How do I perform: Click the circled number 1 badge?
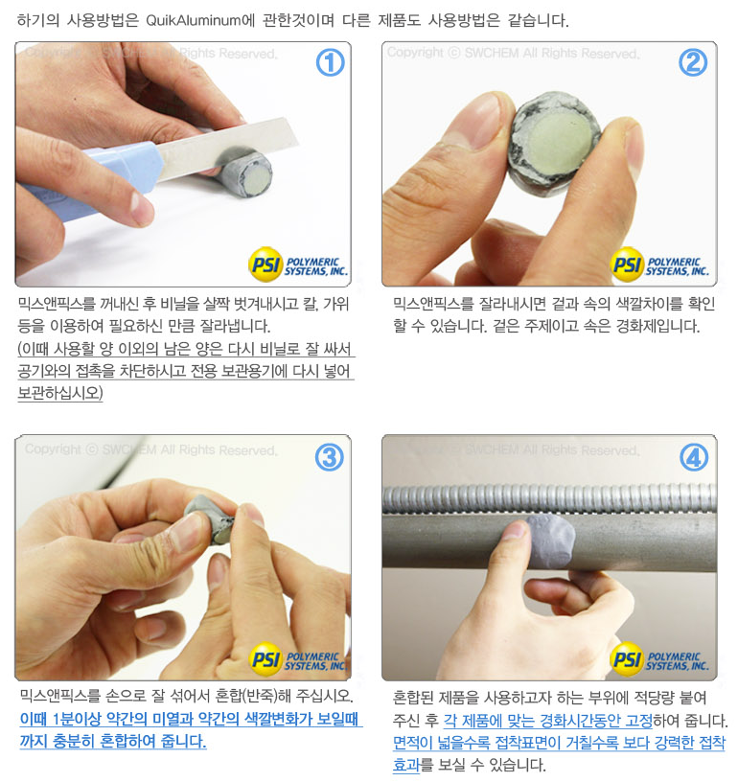(x=330, y=63)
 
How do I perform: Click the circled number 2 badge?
(x=693, y=63)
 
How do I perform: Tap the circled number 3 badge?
(x=330, y=457)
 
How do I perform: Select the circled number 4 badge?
(x=694, y=457)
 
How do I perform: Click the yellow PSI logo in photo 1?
(x=265, y=264)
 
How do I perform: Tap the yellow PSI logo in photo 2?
(x=627, y=264)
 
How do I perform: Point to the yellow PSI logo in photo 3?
(x=265, y=659)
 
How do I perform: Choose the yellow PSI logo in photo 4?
(x=627, y=659)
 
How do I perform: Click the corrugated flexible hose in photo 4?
(x=549, y=497)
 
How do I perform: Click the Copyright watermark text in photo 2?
(x=513, y=53)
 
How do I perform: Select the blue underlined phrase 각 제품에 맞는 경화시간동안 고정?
(x=548, y=721)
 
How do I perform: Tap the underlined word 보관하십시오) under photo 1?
(x=60, y=394)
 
